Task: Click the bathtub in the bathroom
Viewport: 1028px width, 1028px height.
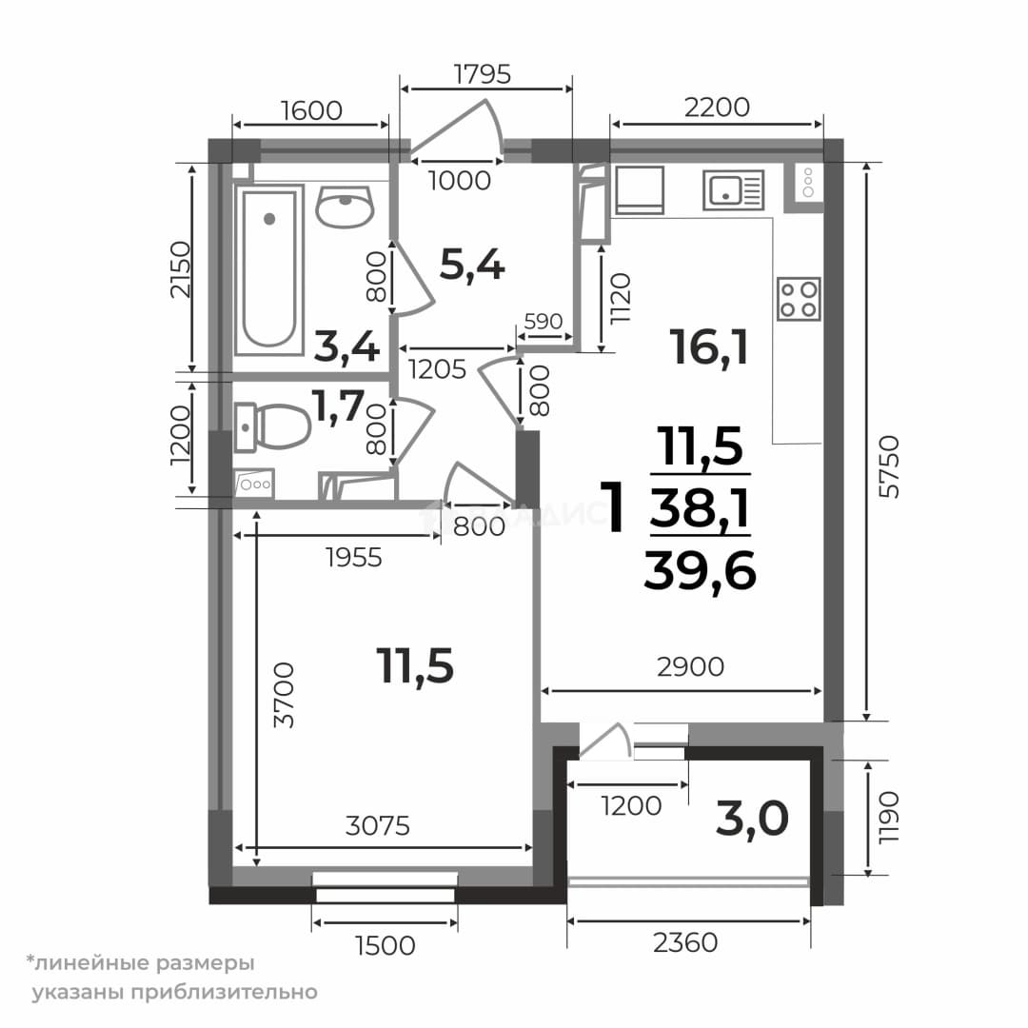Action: coord(268,270)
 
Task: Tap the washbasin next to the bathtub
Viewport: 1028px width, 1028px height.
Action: coord(345,206)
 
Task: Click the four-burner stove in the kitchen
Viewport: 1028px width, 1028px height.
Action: coord(799,299)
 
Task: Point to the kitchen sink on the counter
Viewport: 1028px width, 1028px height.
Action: coord(734,190)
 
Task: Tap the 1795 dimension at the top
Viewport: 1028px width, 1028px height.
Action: coord(483,74)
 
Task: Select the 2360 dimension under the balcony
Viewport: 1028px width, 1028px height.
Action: coord(685,942)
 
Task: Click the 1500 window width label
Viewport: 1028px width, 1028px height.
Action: coord(385,945)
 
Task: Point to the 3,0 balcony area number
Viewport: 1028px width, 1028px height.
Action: coord(752,820)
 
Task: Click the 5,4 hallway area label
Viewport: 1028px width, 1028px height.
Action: coord(472,266)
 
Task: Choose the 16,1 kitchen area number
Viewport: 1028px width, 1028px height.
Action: coord(709,346)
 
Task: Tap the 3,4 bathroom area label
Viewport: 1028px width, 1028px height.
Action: coord(346,346)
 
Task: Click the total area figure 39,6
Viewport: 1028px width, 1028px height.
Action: coord(701,570)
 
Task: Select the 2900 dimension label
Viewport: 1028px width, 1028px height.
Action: coord(690,666)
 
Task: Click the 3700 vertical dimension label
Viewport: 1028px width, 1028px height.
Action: coord(284,695)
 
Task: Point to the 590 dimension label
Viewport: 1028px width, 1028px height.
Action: coord(544,322)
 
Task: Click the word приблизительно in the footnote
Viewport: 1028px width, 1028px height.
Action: coord(225,992)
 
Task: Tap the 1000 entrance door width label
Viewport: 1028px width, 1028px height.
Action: coord(460,180)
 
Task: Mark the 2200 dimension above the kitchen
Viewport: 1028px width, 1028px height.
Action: coord(717,107)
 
